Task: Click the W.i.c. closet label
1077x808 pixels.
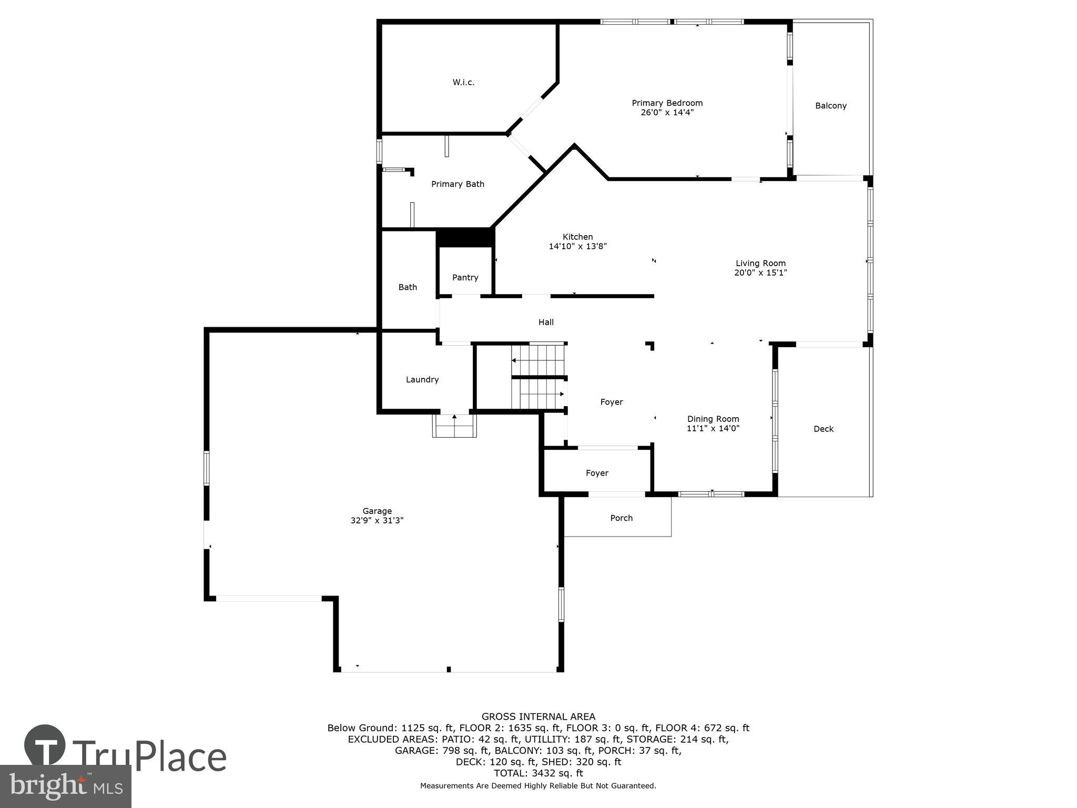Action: (x=463, y=82)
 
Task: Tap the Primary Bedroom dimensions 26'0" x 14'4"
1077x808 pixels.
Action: (x=667, y=112)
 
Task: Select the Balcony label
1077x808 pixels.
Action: (x=830, y=106)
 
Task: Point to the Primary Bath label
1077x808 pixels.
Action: (x=458, y=184)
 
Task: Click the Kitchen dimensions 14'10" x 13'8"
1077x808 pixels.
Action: (x=577, y=246)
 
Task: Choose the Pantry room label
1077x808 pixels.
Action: (x=465, y=277)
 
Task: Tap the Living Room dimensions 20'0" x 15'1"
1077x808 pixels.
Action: (x=760, y=272)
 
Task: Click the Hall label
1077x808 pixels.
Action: (x=546, y=322)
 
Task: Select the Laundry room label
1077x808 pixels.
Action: (x=422, y=379)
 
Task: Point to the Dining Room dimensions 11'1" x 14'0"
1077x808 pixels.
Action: (x=713, y=428)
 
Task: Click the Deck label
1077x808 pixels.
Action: (x=823, y=429)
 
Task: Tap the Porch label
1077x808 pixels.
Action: (x=621, y=518)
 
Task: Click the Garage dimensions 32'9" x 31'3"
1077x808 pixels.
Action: (x=377, y=520)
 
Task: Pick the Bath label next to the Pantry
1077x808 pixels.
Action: (x=408, y=287)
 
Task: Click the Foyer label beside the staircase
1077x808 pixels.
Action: (x=611, y=402)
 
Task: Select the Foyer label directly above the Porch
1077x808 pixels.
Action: (x=597, y=473)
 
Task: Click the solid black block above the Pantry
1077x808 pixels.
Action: (x=465, y=237)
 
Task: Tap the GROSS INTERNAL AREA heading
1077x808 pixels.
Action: (x=538, y=716)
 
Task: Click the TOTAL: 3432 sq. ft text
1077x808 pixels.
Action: (x=538, y=773)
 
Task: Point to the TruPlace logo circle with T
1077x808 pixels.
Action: (x=45, y=745)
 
